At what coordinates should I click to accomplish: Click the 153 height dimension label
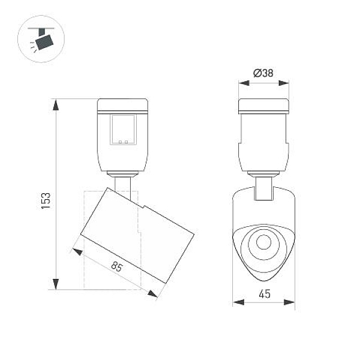[x=46, y=200]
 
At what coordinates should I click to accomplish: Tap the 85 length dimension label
[x=117, y=266]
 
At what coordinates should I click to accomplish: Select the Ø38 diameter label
[x=263, y=73]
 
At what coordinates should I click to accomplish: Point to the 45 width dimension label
[x=265, y=294]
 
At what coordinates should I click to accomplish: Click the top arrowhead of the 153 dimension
[x=56, y=105]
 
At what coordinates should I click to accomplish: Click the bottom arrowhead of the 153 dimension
[x=56, y=284]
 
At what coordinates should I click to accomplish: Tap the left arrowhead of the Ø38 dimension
[x=244, y=83]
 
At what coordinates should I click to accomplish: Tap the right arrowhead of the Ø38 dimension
[x=284, y=83]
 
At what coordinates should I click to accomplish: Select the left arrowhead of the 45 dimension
[x=238, y=302]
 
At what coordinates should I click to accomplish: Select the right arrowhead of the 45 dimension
[x=289, y=302]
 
